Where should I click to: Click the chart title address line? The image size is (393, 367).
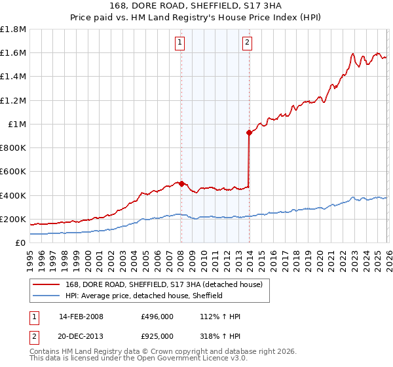196,7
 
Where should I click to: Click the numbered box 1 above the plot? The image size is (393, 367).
180,43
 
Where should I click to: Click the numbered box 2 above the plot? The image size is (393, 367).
247,43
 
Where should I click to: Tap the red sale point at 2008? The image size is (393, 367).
181,183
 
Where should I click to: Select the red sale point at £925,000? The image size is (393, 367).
249,133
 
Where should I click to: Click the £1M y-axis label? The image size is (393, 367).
16,124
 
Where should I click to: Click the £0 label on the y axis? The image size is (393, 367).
20,242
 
